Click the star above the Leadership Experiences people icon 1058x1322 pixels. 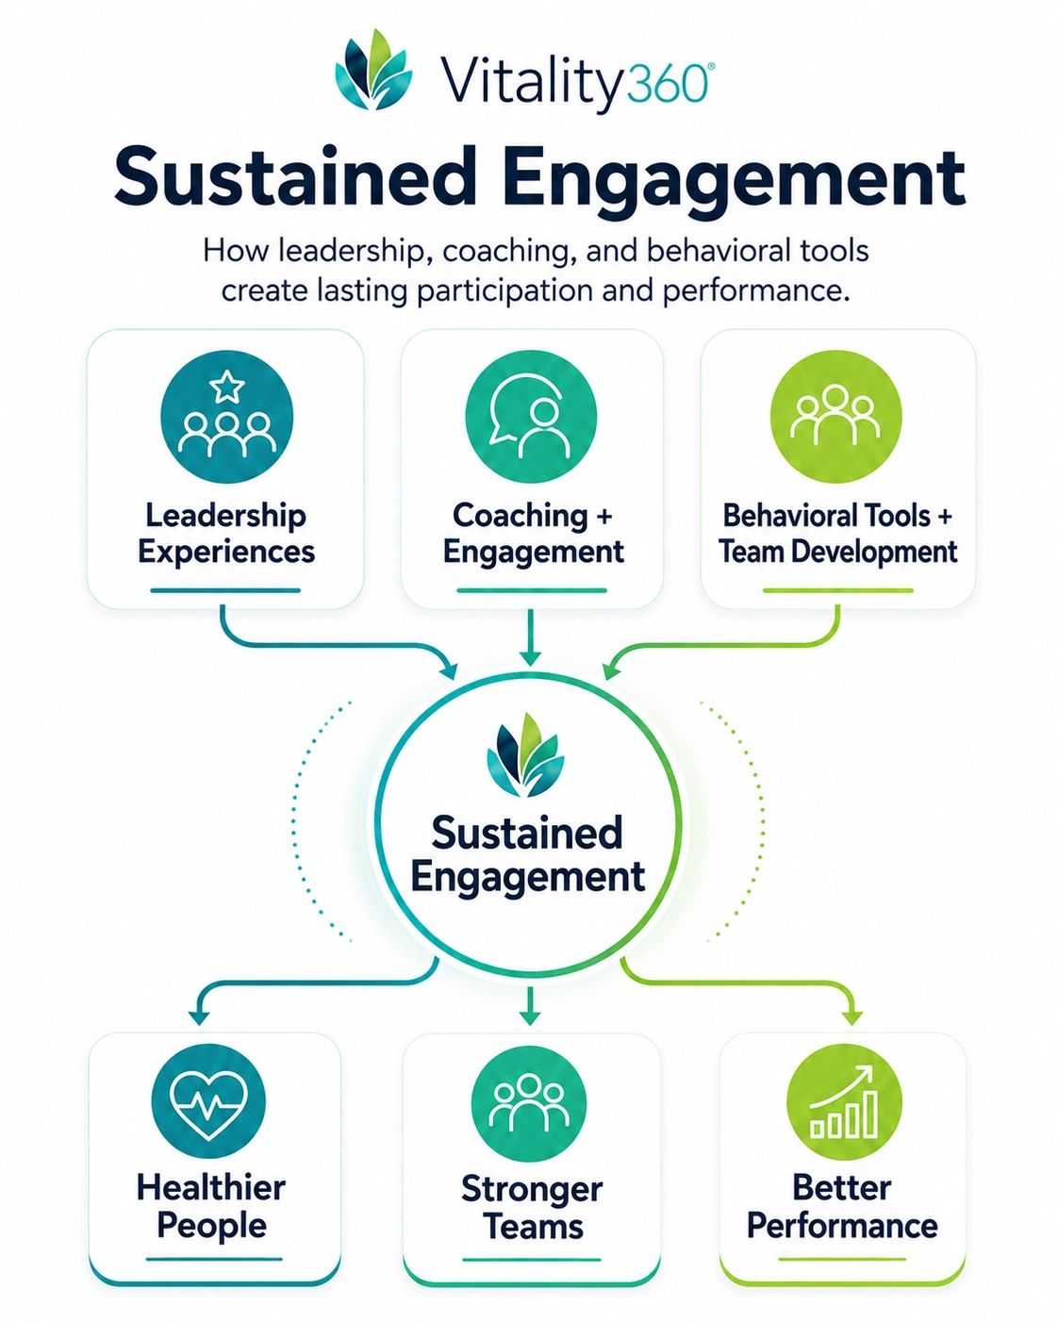(x=227, y=386)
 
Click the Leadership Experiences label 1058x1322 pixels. (x=226, y=533)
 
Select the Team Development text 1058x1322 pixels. (x=838, y=551)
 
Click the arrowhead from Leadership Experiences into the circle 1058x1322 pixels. (x=449, y=669)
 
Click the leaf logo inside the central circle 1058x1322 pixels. (x=525, y=755)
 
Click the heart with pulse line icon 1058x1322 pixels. (x=209, y=1102)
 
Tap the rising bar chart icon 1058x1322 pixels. (x=844, y=1101)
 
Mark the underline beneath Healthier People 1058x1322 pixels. (x=214, y=1272)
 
